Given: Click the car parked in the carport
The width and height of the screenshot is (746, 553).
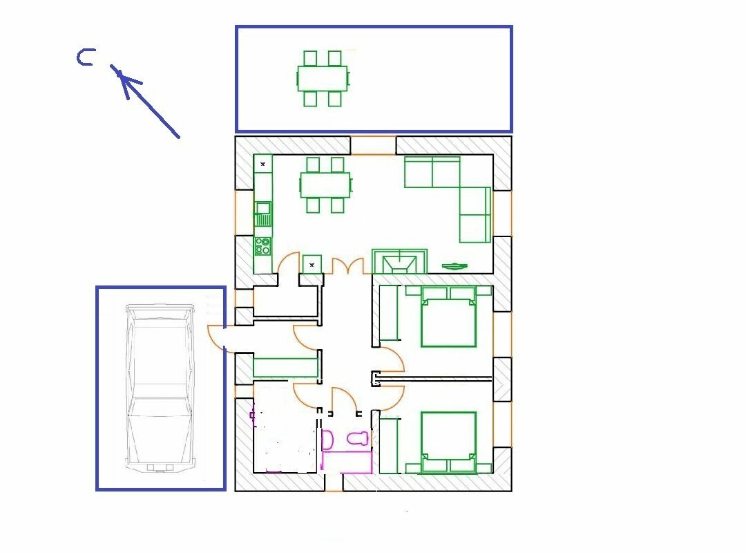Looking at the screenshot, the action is point(160,388).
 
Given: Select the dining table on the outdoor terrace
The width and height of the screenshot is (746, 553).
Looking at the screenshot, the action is point(323,79).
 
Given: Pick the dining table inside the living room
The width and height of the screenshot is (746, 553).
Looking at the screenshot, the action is point(325,185).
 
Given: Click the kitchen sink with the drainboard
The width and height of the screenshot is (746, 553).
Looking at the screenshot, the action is point(262,214).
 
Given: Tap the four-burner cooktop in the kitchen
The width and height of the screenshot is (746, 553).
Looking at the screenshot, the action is point(262,246).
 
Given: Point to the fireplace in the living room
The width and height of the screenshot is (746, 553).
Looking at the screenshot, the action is point(399,261).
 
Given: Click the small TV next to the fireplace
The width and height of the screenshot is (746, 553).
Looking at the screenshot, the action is point(455,266).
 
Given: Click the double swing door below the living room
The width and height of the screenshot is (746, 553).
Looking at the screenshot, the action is point(347,265).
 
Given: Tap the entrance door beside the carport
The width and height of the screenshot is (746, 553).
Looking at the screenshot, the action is point(216,337).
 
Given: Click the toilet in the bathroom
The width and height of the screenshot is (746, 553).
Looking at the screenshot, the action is point(358,438).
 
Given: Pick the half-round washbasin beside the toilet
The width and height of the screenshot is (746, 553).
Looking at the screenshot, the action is point(327,440).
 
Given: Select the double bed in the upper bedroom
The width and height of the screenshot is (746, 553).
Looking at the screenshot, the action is point(448,317).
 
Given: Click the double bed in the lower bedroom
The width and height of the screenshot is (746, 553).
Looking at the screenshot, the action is point(448,442).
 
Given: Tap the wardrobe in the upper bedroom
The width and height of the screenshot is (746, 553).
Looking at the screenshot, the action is point(389,313).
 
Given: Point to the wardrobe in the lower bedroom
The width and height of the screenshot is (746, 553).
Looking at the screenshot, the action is point(389,445).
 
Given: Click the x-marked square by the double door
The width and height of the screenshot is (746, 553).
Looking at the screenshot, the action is point(312,265).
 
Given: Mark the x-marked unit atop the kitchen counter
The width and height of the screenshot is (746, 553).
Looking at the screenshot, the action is point(262,164).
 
